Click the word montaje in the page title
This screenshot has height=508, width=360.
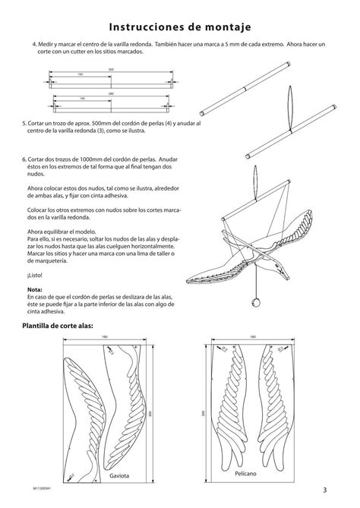(222, 27)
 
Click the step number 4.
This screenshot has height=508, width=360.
(34, 44)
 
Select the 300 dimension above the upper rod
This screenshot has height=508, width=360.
(111, 69)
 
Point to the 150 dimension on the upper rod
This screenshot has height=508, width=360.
(81, 74)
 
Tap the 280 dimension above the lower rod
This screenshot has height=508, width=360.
(111, 93)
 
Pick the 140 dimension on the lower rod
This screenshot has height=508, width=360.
(82, 99)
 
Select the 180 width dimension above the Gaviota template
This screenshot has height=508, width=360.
(106, 338)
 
